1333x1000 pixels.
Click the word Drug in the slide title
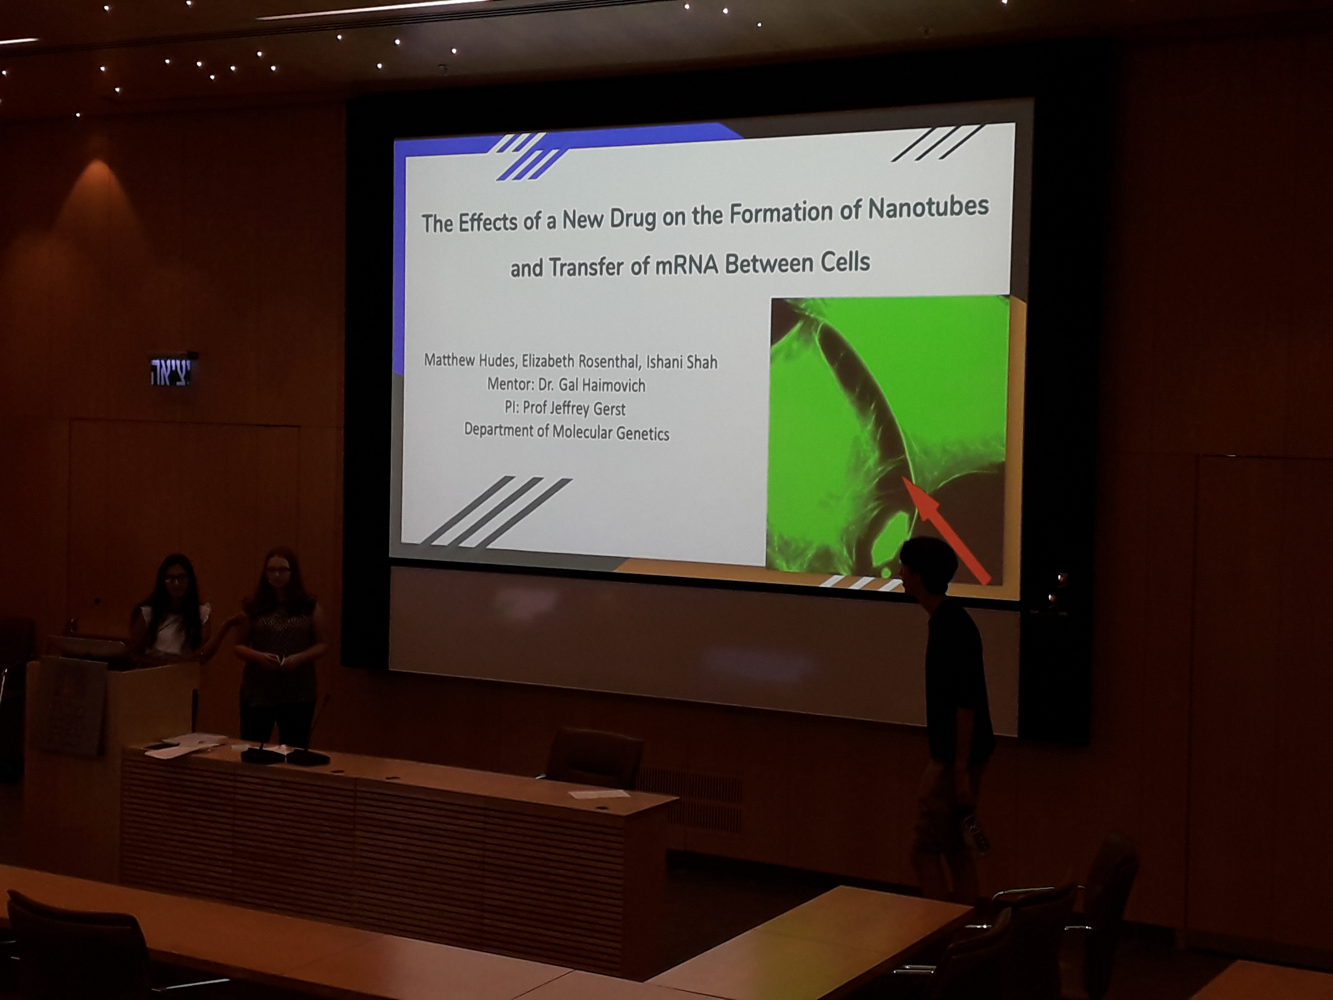point(633,219)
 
